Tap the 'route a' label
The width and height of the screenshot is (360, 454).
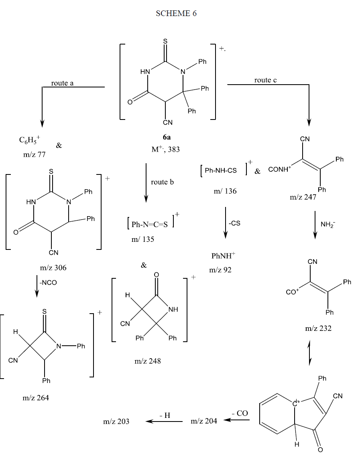click(x=62, y=83)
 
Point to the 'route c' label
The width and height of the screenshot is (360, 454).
click(x=265, y=80)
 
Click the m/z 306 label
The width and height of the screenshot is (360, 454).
click(x=53, y=268)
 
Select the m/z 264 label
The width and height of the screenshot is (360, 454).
click(x=36, y=398)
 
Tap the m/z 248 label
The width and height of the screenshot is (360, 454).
click(x=147, y=361)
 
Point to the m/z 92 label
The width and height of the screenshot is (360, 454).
click(x=220, y=270)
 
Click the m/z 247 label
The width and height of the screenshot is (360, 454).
click(x=303, y=197)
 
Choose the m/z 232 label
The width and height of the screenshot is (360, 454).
click(x=318, y=328)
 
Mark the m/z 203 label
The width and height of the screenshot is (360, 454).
click(x=116, y=421)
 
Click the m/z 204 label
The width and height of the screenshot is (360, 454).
click(x=204, y=421)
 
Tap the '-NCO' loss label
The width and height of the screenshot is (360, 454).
click(x=48, y=283)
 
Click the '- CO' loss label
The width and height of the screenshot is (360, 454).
click(x=240, y=413)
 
